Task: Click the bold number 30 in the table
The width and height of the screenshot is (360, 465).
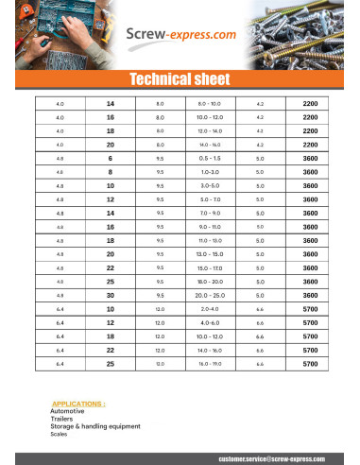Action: (110, 295)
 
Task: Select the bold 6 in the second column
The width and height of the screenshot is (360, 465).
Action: (110, 158)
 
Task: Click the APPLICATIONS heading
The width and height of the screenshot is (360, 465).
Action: (78, 403)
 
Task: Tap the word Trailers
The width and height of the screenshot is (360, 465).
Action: (61, 419)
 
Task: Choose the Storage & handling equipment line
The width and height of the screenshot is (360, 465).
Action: (94, 426)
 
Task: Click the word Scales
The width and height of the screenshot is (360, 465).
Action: (59, 434)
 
